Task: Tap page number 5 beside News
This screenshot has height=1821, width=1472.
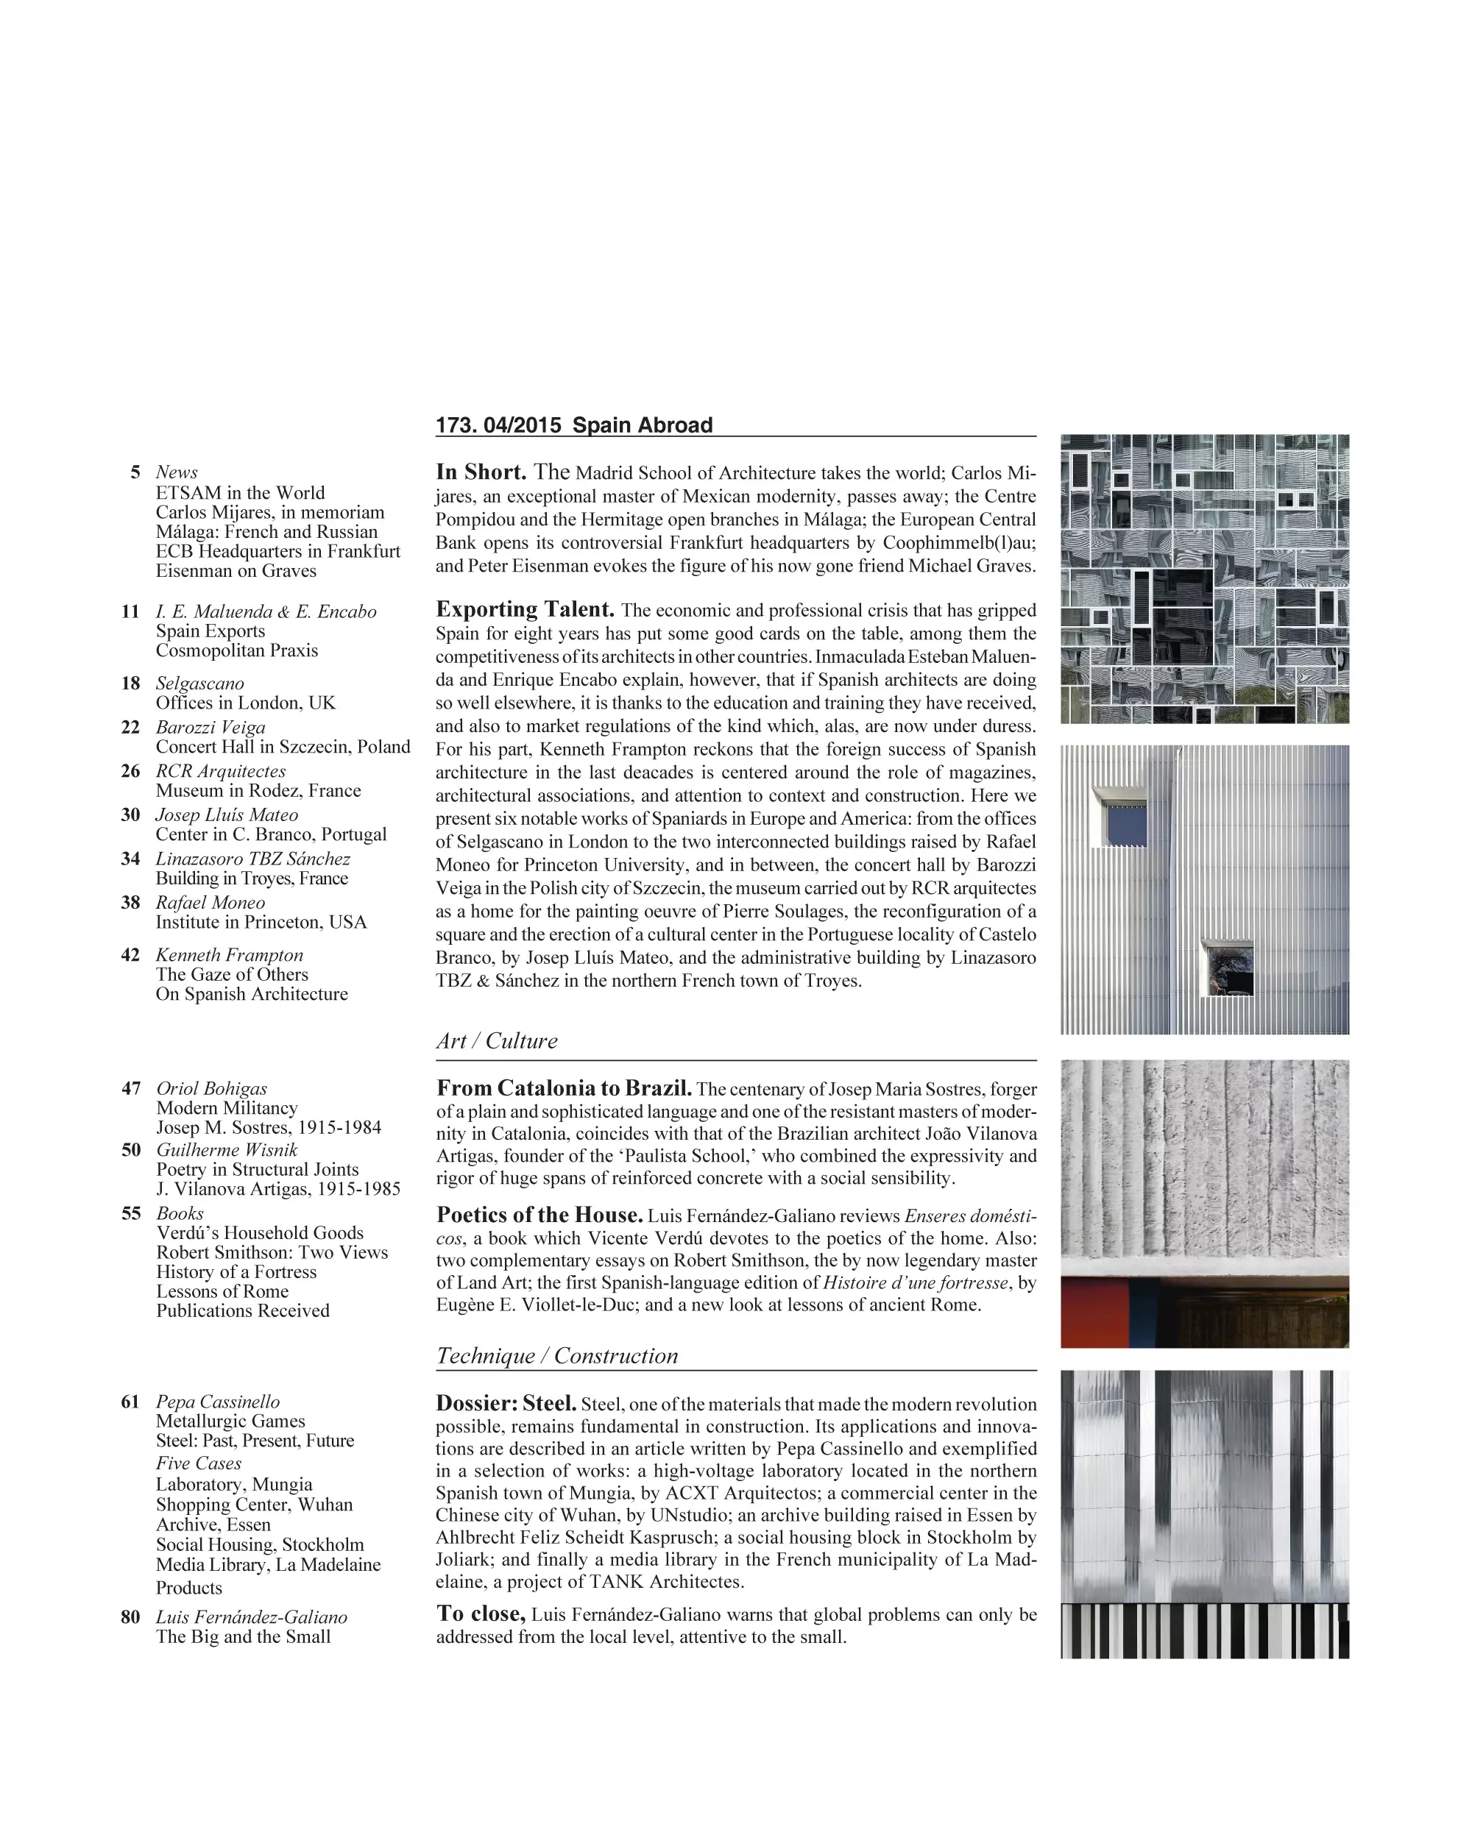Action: click(135, 472)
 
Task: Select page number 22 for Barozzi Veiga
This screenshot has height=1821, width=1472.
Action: click(130, 728)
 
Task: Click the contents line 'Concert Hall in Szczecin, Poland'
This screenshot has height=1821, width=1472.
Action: click(283, 747)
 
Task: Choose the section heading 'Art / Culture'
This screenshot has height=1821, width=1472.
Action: click(497, 1041)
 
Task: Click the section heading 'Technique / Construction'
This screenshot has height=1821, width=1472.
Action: click(557, 1355)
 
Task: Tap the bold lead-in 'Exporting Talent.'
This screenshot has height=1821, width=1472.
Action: click(525, 609)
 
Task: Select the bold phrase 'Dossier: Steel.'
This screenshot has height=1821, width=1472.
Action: click(506, 1403)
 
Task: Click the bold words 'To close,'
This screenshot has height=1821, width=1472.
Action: click(481, 1614)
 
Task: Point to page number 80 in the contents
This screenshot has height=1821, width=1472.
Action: click(130, 1616)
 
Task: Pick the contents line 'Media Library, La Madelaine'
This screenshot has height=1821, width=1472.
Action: click(268, 1564)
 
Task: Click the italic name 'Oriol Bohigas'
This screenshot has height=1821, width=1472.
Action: click(211, 1088)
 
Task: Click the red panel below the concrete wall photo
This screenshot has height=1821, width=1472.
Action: click(1094, 1313)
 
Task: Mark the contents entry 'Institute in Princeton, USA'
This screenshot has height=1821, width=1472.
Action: click(261, 923)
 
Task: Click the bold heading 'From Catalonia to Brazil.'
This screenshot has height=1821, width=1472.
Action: click(564, 1088)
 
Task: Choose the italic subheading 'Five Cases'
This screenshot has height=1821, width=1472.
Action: click(199, 1463)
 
